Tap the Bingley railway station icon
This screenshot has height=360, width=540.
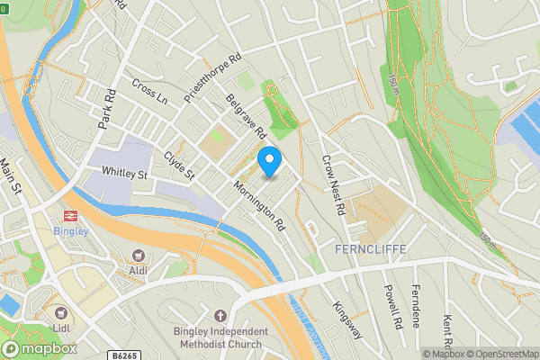pyautogui.click(x=68, y=215)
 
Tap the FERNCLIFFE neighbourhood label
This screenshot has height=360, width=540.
pyautogui.click(x=370, y=248)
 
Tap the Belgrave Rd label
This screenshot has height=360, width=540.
pyautogui.click(x=247, y=118)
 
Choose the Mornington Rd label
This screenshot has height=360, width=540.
pyautogui.click(x=258, y=206)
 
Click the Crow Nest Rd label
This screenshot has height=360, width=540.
pyautogui.click(x=334, y=184)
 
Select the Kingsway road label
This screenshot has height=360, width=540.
pyautogui.click(x=347, y=319)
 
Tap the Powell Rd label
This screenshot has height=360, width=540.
pyautogui.click(x=391, y=306)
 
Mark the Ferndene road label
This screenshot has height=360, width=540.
pyautogui.click(x=417, y=306)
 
